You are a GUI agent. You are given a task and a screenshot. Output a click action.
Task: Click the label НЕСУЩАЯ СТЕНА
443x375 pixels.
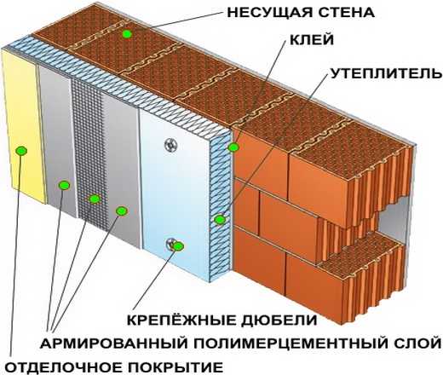click(301, 13)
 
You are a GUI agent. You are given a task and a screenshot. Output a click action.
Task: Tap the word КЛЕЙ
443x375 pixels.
click(312, 40)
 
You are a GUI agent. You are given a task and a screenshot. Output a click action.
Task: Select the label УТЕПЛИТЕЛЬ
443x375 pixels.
click(387, 73)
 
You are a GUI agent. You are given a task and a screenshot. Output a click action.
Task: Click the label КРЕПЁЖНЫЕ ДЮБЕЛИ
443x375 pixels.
click(221, 320)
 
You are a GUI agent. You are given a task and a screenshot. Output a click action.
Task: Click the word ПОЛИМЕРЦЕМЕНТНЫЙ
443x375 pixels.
click(289, 343)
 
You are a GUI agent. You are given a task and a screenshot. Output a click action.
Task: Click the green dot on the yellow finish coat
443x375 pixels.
click(21, 151)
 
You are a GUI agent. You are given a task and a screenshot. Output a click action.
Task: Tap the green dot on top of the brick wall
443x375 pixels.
click(127, 34)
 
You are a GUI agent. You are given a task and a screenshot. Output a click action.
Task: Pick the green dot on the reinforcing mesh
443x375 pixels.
click(95, 199)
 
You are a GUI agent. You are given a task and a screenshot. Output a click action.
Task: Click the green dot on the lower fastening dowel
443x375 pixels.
click(179, 246)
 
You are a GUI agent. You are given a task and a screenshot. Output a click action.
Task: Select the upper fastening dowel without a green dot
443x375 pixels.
click(171, 145)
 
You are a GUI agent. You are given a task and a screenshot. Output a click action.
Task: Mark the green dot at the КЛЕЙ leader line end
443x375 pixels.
click(233, 147)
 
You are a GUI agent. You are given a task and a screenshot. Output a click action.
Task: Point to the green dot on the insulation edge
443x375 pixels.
click(219, 219)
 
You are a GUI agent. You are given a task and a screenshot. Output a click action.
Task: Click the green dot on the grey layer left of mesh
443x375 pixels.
click(64, 185)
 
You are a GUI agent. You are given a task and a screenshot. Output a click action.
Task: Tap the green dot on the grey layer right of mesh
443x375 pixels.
click(121, 211)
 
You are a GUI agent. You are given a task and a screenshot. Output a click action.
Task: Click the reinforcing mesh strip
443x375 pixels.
click(90, 159)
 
